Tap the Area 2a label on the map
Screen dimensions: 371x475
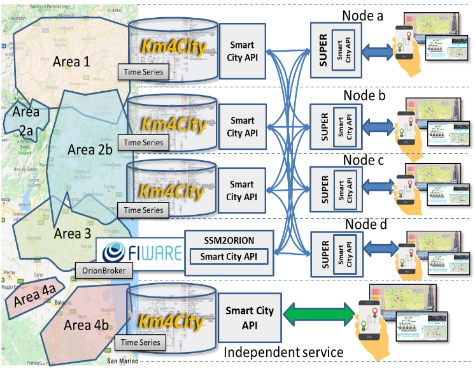coord(26,121)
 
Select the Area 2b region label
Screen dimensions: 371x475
coord(90,150)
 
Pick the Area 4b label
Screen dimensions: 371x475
coord(86,325)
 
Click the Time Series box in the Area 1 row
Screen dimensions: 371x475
coord(143,72)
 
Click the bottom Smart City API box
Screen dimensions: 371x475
coord(250,317)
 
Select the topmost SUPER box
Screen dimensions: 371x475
coord(336,50)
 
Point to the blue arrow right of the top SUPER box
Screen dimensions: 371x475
coord(378,52)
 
